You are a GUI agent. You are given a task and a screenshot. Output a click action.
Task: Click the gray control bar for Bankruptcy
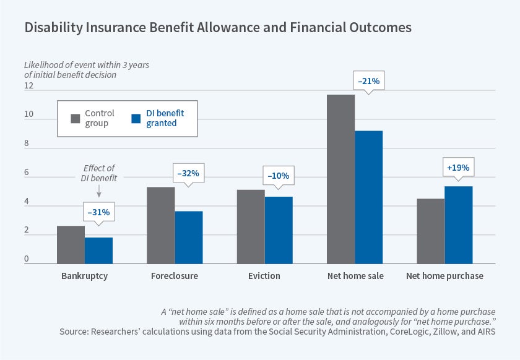coord(71,245)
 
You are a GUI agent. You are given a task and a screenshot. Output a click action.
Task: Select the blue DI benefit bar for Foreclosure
coord(189,238)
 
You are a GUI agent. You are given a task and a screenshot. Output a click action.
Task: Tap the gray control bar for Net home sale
coord(340,179)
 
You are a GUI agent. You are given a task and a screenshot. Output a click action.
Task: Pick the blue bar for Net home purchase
coord(458,225)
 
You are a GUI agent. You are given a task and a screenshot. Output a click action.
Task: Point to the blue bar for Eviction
coord(279,230)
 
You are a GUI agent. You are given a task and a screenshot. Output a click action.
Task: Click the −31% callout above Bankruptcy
coord(98,212)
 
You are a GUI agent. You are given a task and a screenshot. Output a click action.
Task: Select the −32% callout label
coord(188,174)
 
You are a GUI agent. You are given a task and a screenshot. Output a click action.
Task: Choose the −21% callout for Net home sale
coord(369,80)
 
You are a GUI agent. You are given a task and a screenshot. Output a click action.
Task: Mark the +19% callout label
coord(458,167)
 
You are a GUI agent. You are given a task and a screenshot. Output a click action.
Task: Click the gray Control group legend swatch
coord(76,118)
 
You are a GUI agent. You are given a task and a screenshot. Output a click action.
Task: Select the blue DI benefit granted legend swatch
coord(138,118)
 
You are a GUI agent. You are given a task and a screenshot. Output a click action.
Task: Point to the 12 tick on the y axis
coord(28,86)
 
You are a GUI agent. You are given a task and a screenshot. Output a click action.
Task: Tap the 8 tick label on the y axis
coord(27,144)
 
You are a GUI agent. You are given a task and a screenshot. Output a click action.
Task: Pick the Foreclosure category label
coord(175,276)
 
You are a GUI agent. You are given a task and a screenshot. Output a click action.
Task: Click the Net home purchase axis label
coord(444,276)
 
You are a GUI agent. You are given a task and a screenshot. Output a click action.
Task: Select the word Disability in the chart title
coord(50,28)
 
